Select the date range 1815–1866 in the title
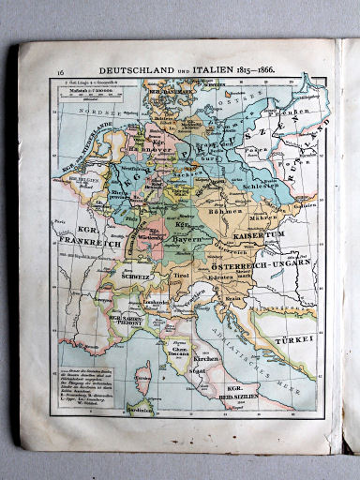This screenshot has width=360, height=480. tap(259, 71)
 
